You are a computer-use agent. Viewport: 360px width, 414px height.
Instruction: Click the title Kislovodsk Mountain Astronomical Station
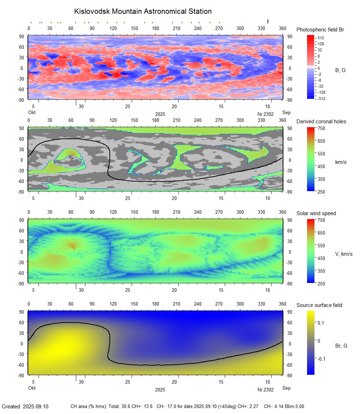tap(143, 11)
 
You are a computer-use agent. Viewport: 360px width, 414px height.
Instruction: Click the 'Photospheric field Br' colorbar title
tap(320, 30)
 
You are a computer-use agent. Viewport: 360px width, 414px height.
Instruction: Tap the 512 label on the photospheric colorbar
tap(321, 37)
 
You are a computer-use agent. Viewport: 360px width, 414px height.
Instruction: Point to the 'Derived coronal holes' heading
tap(321, 122)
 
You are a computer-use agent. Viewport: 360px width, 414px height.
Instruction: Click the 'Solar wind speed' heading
tap(316, 213)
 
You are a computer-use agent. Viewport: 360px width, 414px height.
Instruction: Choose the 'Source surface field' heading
tap(319, 305)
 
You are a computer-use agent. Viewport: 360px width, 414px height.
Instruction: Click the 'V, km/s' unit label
tap(343, 254)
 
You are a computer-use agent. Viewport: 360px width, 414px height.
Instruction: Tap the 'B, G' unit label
tap(340, 70)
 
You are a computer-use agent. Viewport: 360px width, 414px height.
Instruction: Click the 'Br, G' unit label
tap(341, 346)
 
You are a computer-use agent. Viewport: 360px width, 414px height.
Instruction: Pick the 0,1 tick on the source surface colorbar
tap(321, 323)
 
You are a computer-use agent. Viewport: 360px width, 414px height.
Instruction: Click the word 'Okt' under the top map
tap(32, 112)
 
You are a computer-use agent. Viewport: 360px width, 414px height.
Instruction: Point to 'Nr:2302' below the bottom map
tap(265, 390)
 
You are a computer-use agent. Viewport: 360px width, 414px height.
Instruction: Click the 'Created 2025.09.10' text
tap(25, 407)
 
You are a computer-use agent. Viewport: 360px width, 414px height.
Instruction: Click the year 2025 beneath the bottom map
tap(160, 390)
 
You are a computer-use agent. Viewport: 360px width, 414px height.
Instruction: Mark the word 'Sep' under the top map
tap(286, 112)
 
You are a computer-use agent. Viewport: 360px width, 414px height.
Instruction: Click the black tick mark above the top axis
tap(268, 22)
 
